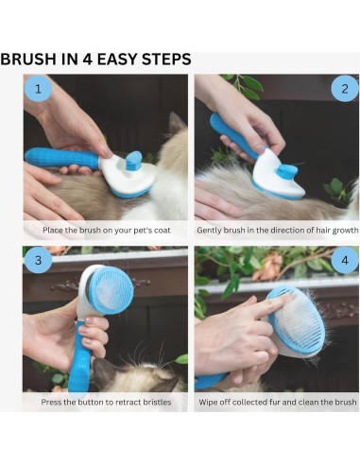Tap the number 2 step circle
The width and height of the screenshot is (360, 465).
coord(342,91)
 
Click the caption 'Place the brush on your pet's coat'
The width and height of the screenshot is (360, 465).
coord(106,230)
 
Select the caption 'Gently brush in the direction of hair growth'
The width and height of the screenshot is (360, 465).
coord(277,230)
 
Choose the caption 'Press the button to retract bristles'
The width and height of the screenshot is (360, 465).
coord(106,402)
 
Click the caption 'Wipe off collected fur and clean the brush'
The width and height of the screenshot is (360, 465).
coord(277,402)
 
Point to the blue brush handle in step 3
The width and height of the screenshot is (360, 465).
coord(78,354)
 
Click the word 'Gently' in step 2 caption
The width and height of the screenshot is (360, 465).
coord(211,230)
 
